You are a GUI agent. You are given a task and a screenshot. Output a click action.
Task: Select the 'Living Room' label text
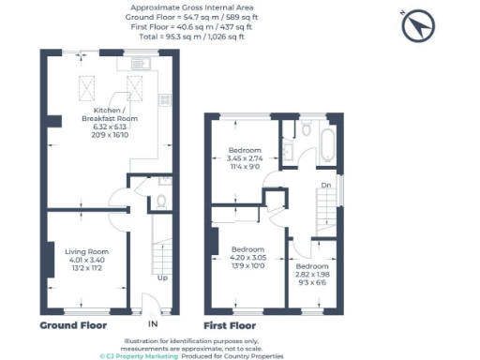click(86, 252)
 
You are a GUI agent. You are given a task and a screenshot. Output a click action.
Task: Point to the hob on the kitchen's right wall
click(165, 97)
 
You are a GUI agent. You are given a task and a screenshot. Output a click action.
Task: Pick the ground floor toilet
click(160, 200)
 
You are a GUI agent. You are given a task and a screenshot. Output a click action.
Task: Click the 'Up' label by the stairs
click(162, 277)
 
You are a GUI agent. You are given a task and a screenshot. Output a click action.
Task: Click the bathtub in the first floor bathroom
click(326, 146)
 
